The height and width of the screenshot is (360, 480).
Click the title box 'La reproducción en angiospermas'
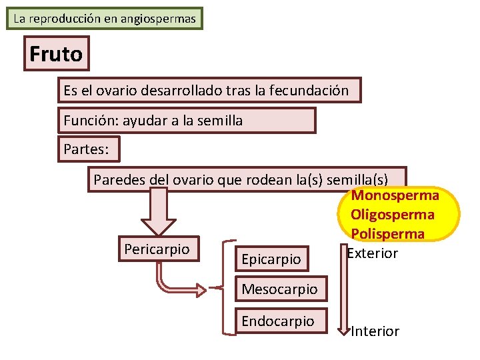(x=105, y=19)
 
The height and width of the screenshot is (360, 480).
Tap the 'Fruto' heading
(x=56, y=53)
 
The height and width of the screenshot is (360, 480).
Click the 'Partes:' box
(x=86, y=149)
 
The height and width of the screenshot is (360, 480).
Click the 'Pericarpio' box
(x=157, y=249)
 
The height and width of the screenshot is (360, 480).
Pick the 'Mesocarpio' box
(x=279, y=289)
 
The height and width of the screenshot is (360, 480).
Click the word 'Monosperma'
(x=395, y=195)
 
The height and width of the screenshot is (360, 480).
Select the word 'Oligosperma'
(x=392, y=215)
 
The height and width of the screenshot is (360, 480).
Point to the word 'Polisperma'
(x=387, y=234)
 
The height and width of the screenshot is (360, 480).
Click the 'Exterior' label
(x=373, y=253)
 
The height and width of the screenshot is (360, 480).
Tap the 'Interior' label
(x=375, y=331)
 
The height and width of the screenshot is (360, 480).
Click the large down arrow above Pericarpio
(x=158, y=212)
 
